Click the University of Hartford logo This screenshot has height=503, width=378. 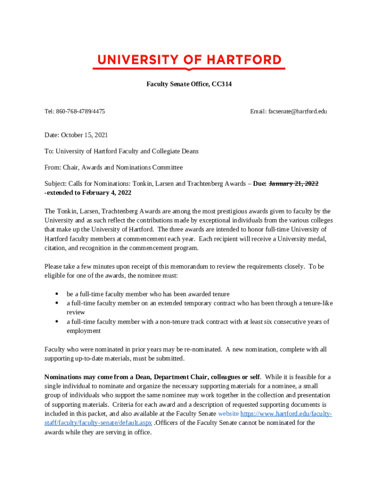[x=189, y=61]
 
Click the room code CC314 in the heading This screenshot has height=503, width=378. [x=221, y=84]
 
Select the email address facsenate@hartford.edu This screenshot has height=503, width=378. [x=297, y=112]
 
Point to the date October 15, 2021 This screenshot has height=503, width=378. [x=85, y=135]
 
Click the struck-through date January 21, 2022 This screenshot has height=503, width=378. [x=294, y=184]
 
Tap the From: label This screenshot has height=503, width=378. [x=53, y=168]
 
